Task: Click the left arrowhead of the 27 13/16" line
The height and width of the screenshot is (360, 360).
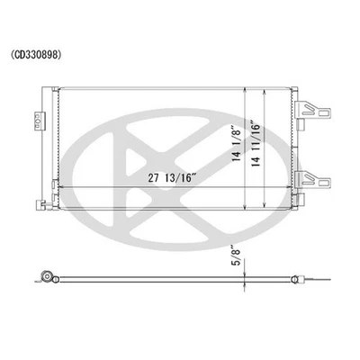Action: tap(59, 187)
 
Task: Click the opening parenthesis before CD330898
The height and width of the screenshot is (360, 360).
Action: tap(13, 54)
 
